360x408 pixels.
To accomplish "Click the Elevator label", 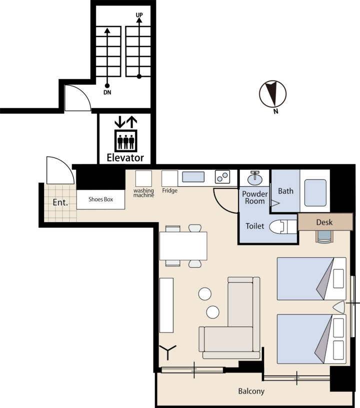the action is click(x=125, y=158).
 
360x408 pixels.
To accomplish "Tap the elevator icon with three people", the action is click(x=126, y=141).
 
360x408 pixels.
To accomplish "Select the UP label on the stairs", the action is click(x=139, y=15).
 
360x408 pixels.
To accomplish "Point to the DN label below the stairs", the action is click(x=107, y=92).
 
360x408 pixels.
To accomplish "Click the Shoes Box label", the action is click(x=101, y=199).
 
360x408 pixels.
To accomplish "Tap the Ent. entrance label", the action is click(x=60, y=202).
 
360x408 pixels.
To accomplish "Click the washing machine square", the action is click(x=143, y=179).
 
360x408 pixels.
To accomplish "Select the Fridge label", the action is click(x=170, y=190).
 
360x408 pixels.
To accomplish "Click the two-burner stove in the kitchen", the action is click(x=222, y=177).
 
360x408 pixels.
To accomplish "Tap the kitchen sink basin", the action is click(x=193, y=177).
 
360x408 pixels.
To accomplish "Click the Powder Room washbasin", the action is click(x=255, y=178).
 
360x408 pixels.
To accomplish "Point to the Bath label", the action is click(x=286, y=191).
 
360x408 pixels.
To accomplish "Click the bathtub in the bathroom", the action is click(x=315, y=193).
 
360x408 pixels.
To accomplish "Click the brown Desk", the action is click(x=325, y=222).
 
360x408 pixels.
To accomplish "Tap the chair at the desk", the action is click(x=324, y=237).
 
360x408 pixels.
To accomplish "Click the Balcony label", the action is click(x=251, y=391).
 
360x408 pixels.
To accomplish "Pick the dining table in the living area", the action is click(x=183, y=246).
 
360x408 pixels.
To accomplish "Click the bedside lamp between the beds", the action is click(x=339, y=307).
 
